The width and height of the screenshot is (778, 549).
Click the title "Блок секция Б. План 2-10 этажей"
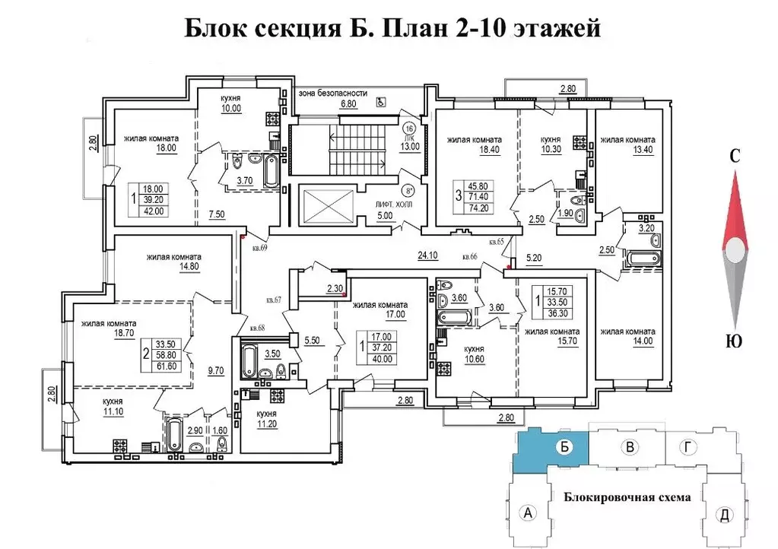point(393,28)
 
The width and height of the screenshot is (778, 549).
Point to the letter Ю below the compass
point(735,341)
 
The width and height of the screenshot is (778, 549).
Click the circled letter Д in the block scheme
point(724,515)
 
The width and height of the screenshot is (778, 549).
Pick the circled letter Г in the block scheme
point(687,448)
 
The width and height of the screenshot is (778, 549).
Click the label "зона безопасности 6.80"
point(332,98)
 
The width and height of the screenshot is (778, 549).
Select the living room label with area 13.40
point(627,144)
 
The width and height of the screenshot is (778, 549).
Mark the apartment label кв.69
point(259,249)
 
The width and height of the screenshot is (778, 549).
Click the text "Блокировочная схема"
point(627,498)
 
